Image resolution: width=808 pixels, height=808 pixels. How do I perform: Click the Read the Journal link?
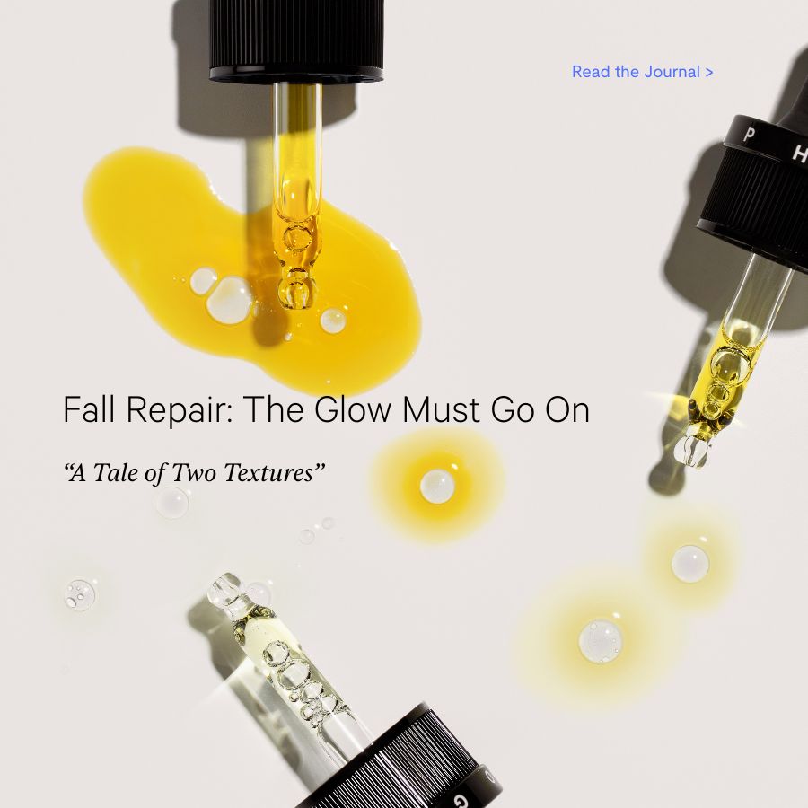tap(643, 72)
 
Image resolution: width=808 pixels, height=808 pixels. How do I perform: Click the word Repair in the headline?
tap(179, 409)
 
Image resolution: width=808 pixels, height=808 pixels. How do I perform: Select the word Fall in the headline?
tap(89, 409)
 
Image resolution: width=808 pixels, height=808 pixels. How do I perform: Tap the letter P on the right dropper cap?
tap(750, 135)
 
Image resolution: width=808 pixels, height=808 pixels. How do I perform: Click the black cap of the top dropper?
tap(296, 40)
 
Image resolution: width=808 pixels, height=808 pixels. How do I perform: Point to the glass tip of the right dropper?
tap(691, 450)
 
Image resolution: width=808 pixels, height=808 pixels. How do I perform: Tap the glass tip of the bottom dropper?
tap(224, 588)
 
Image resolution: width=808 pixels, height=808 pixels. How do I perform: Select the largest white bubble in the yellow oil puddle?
tap(230, 301)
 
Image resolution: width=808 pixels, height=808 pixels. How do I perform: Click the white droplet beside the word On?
tap(437, 487)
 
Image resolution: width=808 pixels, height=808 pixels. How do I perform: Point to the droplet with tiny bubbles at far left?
tap(80, 594)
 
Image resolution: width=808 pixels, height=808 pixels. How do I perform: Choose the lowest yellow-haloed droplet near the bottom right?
tap(601, 642)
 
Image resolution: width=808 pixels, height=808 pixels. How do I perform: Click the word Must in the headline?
tap(441, 409)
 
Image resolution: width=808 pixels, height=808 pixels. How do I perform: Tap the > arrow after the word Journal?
tap(709, 72)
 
